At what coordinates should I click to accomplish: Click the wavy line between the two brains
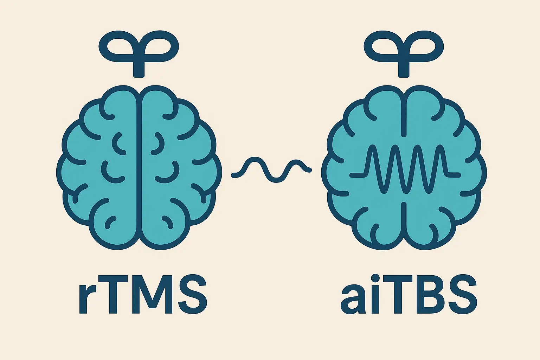click(271, 170)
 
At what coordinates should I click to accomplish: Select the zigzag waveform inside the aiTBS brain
click(405, 169)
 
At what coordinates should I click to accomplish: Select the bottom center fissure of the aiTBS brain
click(404, 222)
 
